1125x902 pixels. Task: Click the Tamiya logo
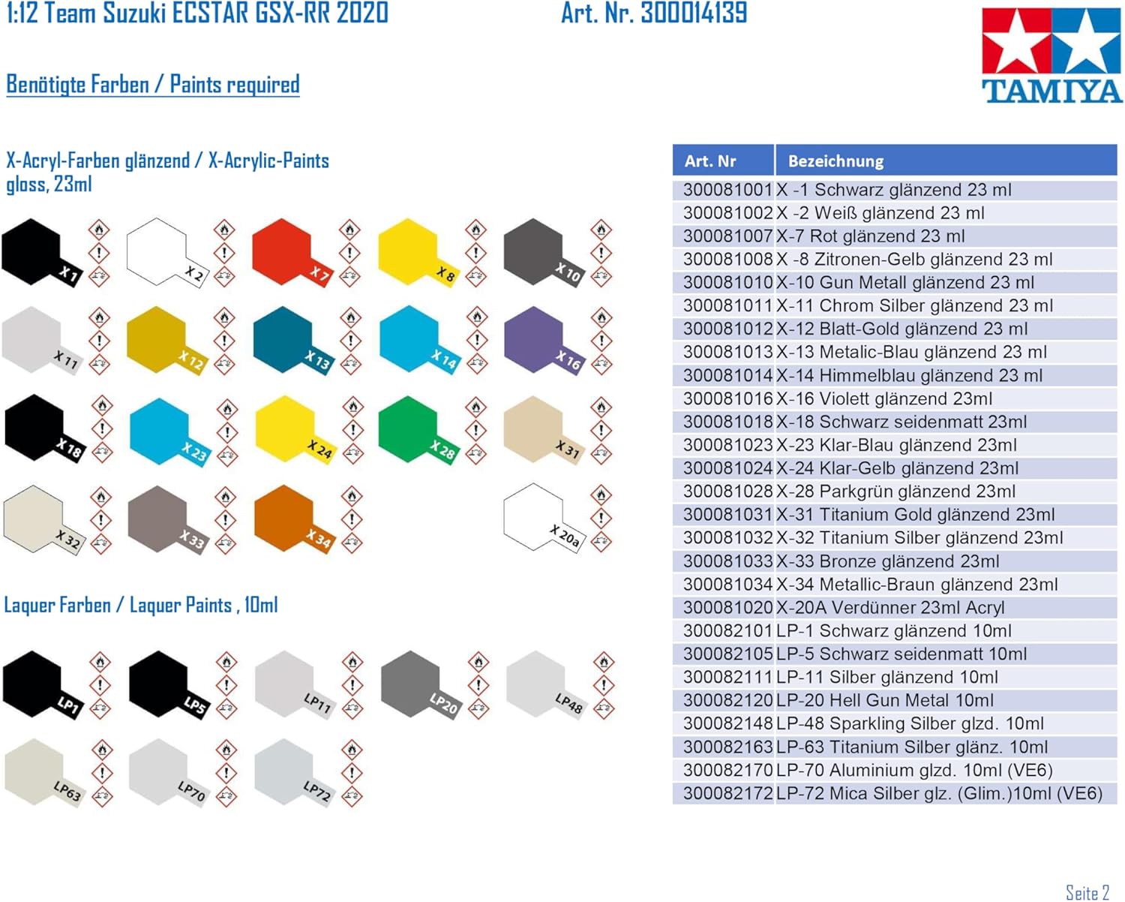(x=1051, y=55)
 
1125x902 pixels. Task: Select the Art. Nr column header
(x=723, y=161)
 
